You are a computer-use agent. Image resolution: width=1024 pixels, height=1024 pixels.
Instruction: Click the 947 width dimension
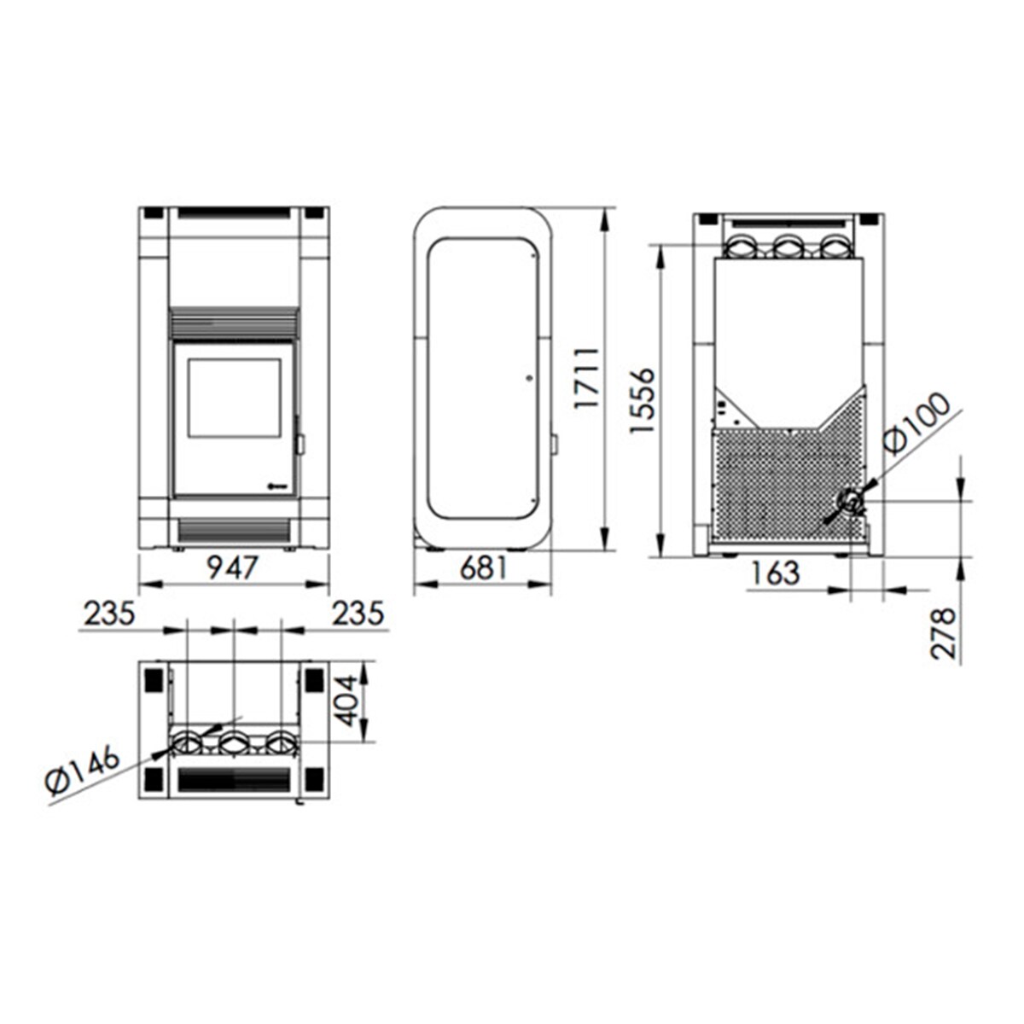[232, 568]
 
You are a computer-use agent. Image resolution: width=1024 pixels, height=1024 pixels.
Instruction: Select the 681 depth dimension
[483, 568]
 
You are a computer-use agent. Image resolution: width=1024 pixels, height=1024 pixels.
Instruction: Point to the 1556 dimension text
[642, 400]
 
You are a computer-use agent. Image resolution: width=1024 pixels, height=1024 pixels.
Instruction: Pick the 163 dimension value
[776, 573]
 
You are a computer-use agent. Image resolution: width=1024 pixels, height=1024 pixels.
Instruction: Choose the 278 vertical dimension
[944, 634]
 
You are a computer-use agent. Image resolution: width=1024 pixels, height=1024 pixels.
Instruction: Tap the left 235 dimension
[110, 614]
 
